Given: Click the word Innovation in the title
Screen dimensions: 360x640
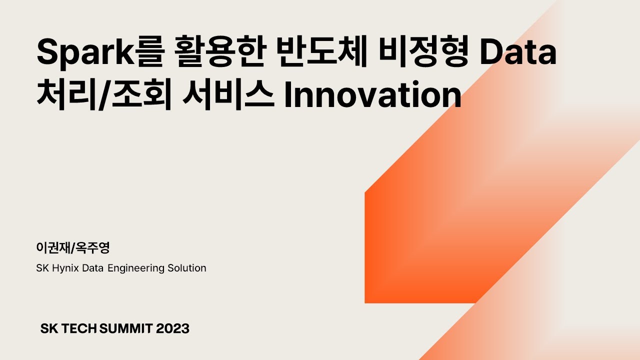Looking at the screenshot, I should [x=372, y=95].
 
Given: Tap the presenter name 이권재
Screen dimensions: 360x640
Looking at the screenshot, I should [x=53, y=247].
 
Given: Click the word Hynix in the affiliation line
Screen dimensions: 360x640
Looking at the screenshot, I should [x=65, y=268].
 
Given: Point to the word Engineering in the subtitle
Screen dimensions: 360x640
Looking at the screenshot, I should [x=136, y=268].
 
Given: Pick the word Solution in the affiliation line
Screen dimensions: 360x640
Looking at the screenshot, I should [x=186, y=268].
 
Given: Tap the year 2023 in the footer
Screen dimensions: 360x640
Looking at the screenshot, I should [x=172, y=328].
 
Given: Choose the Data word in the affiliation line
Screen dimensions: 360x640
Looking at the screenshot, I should [x=93, y=268].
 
